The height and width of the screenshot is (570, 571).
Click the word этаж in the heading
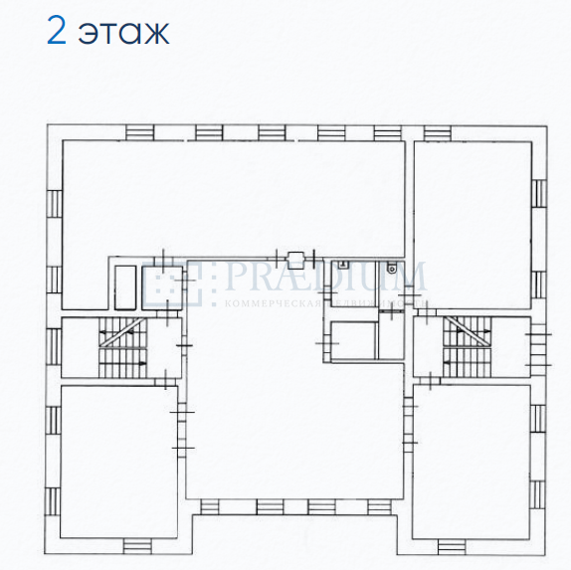[125, 32]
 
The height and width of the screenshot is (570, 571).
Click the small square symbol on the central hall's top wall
[294, 256]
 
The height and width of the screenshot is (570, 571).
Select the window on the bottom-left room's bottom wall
[137, 544]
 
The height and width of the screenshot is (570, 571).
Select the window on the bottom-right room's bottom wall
[451, 545]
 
